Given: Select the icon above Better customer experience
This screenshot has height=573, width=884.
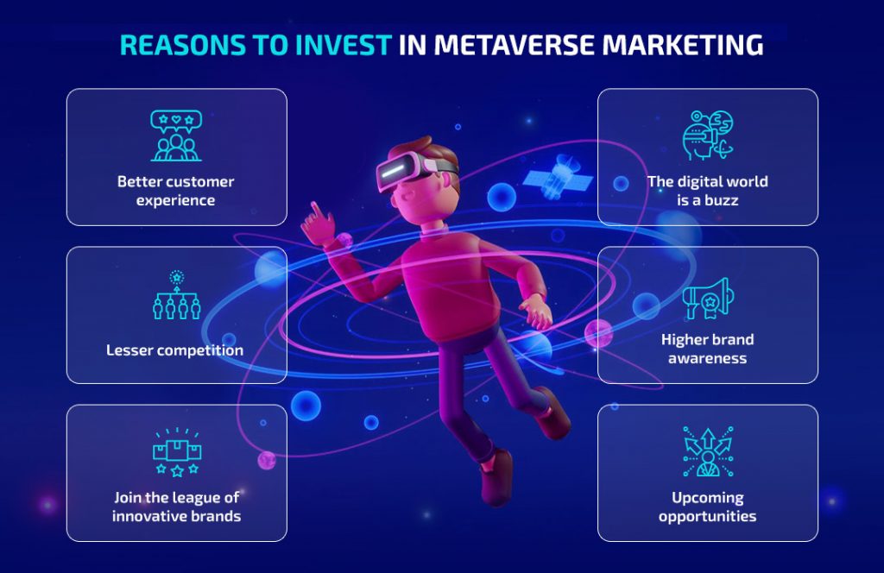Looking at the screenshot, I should pos(176,136).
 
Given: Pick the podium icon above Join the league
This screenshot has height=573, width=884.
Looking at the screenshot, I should pos(176,452).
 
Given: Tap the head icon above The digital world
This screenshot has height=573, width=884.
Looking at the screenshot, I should pos(707,136).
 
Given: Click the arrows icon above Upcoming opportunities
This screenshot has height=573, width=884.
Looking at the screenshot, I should pos(707,452).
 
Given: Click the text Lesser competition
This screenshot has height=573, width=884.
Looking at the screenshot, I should pos(175,350).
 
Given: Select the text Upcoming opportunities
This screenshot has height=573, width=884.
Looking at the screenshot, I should pos(707,507).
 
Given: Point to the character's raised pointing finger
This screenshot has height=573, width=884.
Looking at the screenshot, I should pos(314,209).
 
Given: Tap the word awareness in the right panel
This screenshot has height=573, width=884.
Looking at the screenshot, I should pos(707,357).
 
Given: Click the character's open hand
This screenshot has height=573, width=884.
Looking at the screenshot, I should pos(535,310).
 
